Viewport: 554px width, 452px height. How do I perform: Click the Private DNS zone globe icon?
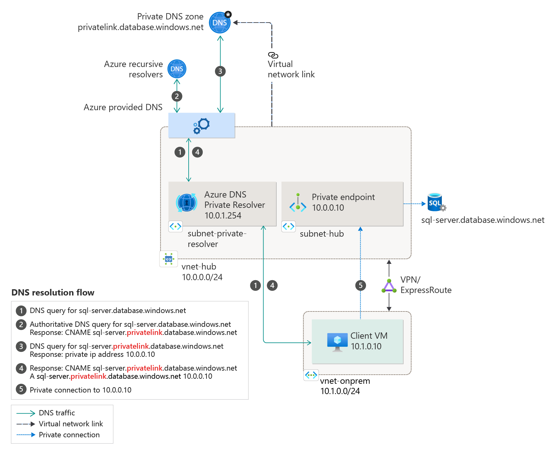click(x=220, y=23)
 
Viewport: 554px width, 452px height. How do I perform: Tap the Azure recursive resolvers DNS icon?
click(x=177, y=69)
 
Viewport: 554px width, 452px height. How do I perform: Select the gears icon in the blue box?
click(x=201, y=126)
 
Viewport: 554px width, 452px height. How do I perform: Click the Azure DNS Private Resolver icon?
click(x=187, y=203)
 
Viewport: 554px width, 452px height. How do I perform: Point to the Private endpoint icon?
click(x=298, y=203)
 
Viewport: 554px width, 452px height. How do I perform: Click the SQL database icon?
click(x=436, y=202)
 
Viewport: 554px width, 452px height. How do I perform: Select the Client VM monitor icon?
click(x=337, y=342)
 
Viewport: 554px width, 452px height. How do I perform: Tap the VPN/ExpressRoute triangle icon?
click(x=389, y=286)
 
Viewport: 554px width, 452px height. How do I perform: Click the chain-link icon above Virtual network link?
click(x=273, y=55)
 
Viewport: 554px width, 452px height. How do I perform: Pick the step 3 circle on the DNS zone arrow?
click(x=220, y=71)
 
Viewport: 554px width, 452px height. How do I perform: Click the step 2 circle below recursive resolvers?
click(x=177, y=96)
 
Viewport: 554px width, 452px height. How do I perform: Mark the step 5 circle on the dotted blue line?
click(x=360, y=285)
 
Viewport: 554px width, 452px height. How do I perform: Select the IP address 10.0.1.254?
click(x=223, y=215)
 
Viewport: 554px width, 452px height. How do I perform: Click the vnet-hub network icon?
click(x=169, y=259)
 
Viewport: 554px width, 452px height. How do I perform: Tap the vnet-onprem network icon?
click(x=311, y=375)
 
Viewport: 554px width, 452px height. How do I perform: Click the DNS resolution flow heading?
click(x=53, y=292)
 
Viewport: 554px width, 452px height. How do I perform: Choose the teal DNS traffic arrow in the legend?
click(x=26, y=413)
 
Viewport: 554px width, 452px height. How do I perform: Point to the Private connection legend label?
click(x=69, y=435)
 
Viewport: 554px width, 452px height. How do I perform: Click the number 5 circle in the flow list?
click(x=21, y=389)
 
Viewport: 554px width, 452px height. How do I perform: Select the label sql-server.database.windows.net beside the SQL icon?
click(x=483, y=220)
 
